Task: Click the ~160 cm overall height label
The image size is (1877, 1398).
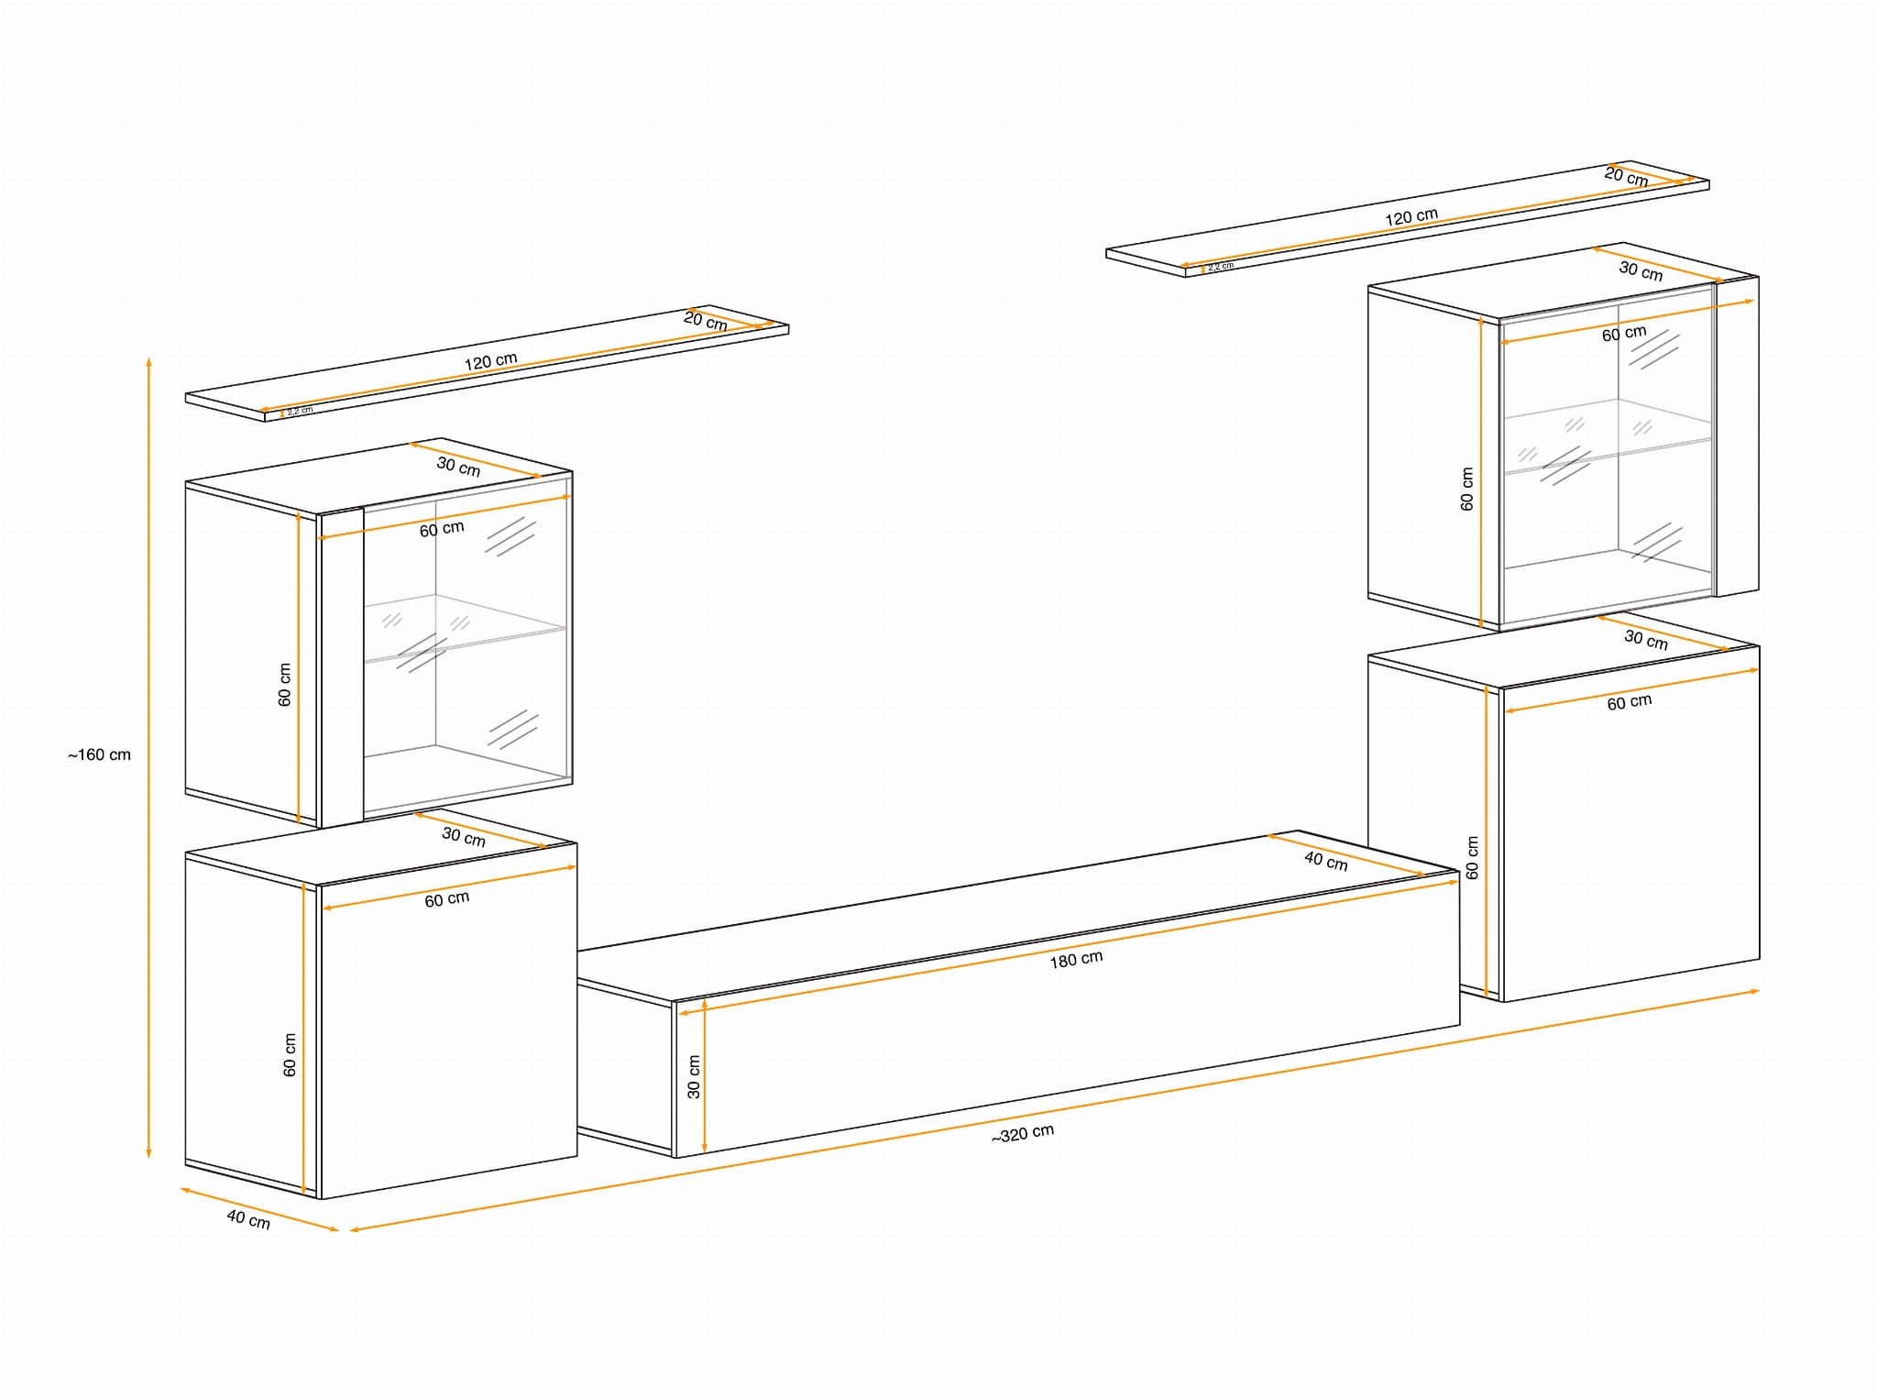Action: point(99,755)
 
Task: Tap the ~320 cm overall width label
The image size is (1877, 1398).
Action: point(1023,1134)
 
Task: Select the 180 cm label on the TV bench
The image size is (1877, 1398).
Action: point(1076,960)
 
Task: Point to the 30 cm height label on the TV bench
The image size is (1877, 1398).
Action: point(694,1076)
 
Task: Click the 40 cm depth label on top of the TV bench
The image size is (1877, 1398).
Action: point(1326,861)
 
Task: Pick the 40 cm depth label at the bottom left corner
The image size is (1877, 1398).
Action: point(248,1219)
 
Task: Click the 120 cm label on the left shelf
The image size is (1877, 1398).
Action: point(490,361)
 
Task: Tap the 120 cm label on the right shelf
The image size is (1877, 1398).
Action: point(1411,217)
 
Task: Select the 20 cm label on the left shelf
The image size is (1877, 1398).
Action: point(706,321)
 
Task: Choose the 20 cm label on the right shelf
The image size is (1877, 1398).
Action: point(1627,177)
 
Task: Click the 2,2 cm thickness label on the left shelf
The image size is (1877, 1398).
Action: point(300,411)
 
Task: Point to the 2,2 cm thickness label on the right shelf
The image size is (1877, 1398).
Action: point(1221,267)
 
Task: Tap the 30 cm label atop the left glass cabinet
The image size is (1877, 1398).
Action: point(458,467)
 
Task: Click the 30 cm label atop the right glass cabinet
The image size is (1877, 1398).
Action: point(1641,270)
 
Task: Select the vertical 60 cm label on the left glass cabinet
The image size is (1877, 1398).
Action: point(284,685)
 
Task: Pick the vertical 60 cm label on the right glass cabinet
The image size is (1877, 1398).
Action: point(1466,490)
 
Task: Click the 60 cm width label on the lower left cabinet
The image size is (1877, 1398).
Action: point(447,899)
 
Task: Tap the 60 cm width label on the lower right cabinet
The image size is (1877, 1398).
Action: point(1630,702)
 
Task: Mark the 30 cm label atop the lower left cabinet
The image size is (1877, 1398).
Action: point(464,837)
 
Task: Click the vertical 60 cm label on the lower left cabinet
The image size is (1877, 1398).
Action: point(290,1055)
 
